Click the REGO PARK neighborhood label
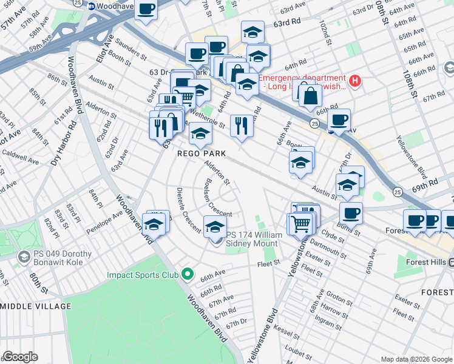[x=201, y=153]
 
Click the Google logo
[x=20, y=357]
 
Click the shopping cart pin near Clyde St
[x=301, y=224]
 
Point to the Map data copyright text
[x=416, y=359]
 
